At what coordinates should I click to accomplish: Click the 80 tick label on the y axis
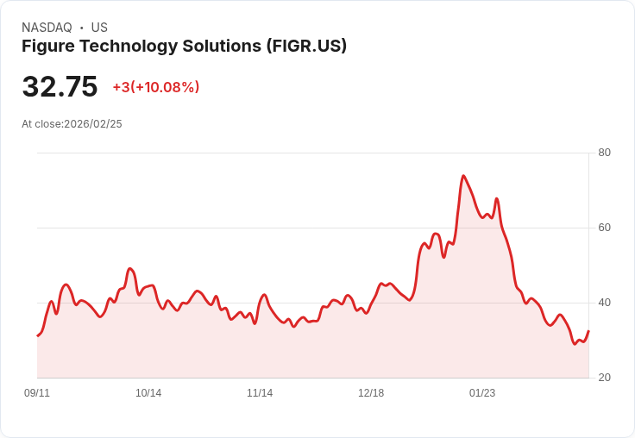[604, 153]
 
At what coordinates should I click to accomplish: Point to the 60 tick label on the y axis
[604, 228]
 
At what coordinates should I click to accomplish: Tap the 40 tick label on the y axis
[604, 303]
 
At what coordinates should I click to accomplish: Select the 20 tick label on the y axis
[604, 378]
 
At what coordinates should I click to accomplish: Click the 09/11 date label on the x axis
[37, 393]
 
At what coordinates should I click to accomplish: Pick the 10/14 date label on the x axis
[148, 393]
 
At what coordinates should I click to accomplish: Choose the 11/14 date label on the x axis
[260, 393]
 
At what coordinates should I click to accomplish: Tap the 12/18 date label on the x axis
[371, 393]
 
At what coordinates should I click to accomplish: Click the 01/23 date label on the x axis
[482, 393]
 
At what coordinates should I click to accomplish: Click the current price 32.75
[60, 87]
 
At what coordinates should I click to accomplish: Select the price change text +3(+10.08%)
[156, 87]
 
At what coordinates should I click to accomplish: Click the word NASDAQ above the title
[47, 28]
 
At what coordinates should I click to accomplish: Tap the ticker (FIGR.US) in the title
[306, 46]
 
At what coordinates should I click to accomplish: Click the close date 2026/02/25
[93, 124]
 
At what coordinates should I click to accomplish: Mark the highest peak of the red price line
[463, 176]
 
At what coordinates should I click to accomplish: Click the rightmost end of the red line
[588, 331]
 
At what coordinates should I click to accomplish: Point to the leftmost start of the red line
[37, 335]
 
